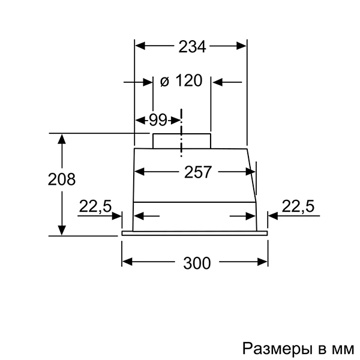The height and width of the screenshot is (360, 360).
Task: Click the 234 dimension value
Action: pyautogui.click(x=192, y=47)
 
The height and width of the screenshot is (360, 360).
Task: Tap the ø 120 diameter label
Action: pyautogui.click(x=181, y=80)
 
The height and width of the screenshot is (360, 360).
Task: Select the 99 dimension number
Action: pyautogui.click(x=158, y=120)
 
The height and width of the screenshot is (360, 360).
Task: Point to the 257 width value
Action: pyautogui.click(x=197, y=172)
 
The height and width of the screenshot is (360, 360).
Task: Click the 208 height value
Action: pyautogui.click(x=62, y=179)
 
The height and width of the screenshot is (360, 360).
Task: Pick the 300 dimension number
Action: pyautogui.click(x=197, y=263)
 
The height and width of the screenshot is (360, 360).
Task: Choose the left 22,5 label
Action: pyautogui.click(x=95, y=206)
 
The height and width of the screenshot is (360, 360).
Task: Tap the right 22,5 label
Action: pyautogui.click(x=298, y=206)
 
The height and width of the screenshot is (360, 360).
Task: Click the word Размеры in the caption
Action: pyautogui.click(x=277, y=349)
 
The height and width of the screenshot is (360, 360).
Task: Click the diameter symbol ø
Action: pyautogui.click(x=164, y=82)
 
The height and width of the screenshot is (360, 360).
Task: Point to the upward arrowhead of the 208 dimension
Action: pyautogui.click(x=62, y=139)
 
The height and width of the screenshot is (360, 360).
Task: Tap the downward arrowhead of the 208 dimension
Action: pyautogui.click(x=62, y=230)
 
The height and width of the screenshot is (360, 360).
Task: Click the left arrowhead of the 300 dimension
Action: pyautogui.click(x=127, y=262)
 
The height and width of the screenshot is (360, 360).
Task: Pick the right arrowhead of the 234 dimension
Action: pyautogui.click(x=241, y=46)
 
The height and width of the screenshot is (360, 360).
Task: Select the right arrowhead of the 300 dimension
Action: pyautogui.click(x=262, y=262)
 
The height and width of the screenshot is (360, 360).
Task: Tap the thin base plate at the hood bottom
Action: pyautogui.click(x=194, y=233)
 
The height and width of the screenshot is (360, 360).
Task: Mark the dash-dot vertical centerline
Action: pyautogui.click(x=181, y=133)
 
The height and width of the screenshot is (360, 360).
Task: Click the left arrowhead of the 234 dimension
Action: pyautogui.click(x=140, y=46)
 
